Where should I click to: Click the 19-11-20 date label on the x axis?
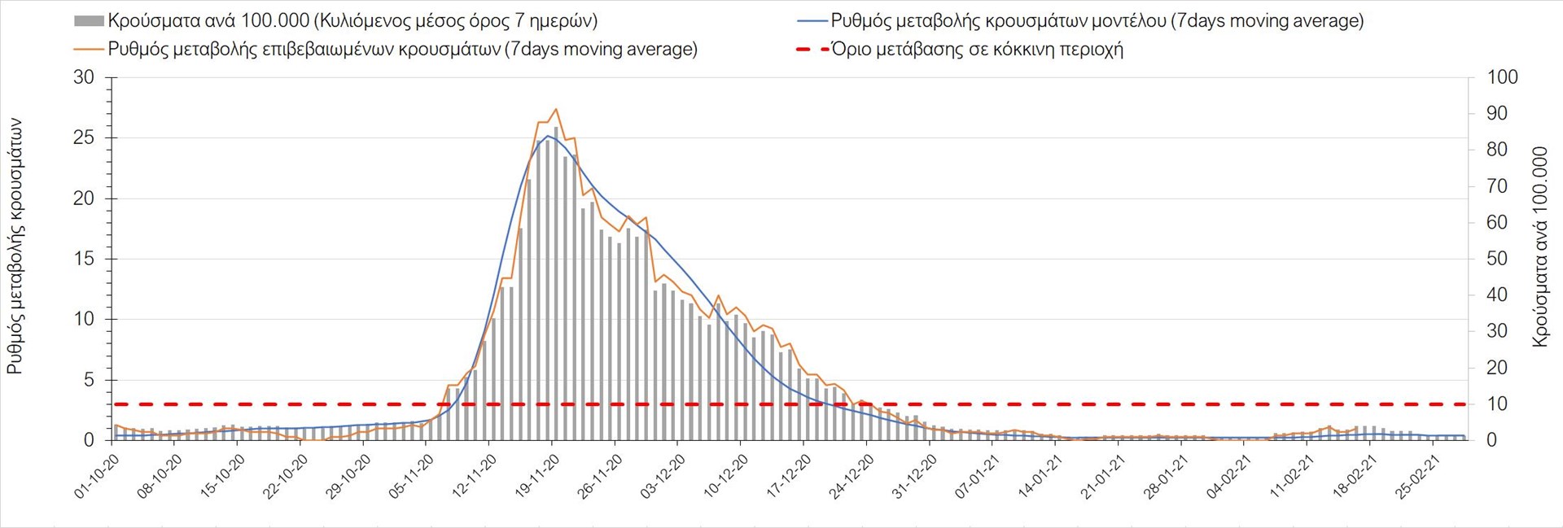(x=536, y=476)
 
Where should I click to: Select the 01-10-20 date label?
(x=97, y=476)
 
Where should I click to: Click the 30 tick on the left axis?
(x=84, y=78)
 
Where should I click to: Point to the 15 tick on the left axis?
(x=84, y=259)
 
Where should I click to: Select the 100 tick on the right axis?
(x=1502, y=78)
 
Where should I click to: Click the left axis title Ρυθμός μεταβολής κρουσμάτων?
(x=15, y=247)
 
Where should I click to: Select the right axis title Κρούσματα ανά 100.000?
(x=1539, y=247)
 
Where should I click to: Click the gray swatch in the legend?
(x=89, y=20)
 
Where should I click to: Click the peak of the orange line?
(x=556, y=109)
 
